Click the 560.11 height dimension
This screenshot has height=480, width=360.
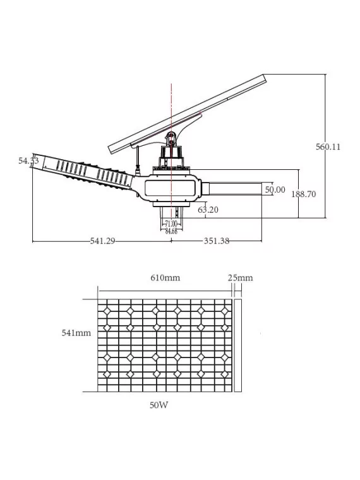click(328, 147)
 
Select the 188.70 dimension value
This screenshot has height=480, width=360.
click(303, 195)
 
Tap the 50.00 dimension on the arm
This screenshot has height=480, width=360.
click(275, 189)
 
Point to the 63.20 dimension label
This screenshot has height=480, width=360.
click(208, 210)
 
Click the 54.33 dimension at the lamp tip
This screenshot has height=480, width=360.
click(28, 161)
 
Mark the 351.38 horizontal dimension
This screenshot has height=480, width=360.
click(216, 241)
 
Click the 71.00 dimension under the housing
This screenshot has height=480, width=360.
click(171, 224)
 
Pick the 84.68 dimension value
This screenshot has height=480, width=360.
click(171, 231)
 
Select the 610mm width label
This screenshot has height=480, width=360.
click(165, 278)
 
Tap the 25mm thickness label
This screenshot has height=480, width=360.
click(240, 278)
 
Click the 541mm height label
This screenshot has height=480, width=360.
click(76, 333)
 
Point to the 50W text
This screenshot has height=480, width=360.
click(159, 405)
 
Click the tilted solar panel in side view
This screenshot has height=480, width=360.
click(189, 114)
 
